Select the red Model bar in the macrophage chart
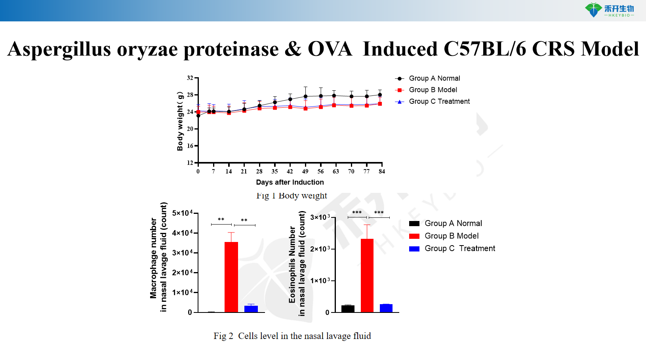[231, 277]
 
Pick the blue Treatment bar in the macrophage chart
[251, 309]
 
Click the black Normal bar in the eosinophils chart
[348, 309]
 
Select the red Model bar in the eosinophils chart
[367, 275]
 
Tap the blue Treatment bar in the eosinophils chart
[386, 308]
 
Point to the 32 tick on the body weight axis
[190, 78]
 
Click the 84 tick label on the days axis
[382, 171]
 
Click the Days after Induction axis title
[290, 182]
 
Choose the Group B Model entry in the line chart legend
[433, 90]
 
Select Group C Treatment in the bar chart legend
[459, 248]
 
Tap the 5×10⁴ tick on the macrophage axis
[182, 213]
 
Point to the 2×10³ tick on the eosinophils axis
[320, 249]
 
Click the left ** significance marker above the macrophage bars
[221, 219]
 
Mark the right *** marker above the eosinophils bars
[379, 213]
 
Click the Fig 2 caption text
[292, 336]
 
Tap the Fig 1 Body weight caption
[292, 196]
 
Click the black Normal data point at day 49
[305, 96]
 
